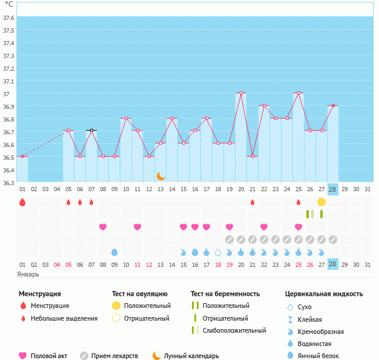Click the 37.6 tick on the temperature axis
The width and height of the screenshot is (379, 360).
pyautogui.click(x=8, y=18)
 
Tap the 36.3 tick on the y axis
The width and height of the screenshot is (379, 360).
pyautogui.click(x=8, y=183)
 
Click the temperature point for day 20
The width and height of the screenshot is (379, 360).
pyautogui.click(x=241, y=93)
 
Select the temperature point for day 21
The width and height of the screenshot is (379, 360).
pyautogui.click(x=252, y=157)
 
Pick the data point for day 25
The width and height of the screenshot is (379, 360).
pyautogui.click(x=298, y=93)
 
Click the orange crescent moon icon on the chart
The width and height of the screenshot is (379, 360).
pyautogui.click(x=160, y=175)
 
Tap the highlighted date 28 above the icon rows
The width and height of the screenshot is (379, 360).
pyautogui.click(x=332, y=189)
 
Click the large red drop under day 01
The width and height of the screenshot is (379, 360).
pyautogui.click(x=22, y=202)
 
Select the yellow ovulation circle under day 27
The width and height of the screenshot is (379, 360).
pyautogui.click(x=321, y=201)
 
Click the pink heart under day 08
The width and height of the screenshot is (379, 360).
pyautogui.click(x=103, y=227)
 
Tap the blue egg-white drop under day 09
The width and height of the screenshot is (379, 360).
pyautogui.click(x=114, y=252)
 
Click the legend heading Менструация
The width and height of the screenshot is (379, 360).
pyautogui.click(x=39, y=293)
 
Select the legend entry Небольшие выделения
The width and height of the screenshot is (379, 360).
pyautogui.click(x=64, y=318)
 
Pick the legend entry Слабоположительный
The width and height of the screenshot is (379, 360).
pyautogui.click(x=234, y=330)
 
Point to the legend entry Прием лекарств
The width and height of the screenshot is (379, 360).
pyautogui.click(x=114, y=356)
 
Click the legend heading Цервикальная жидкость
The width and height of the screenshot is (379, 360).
pyautogui.click(x=324, y=293)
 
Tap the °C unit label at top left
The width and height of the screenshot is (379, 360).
pyautogui.click(x=9, y=4)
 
